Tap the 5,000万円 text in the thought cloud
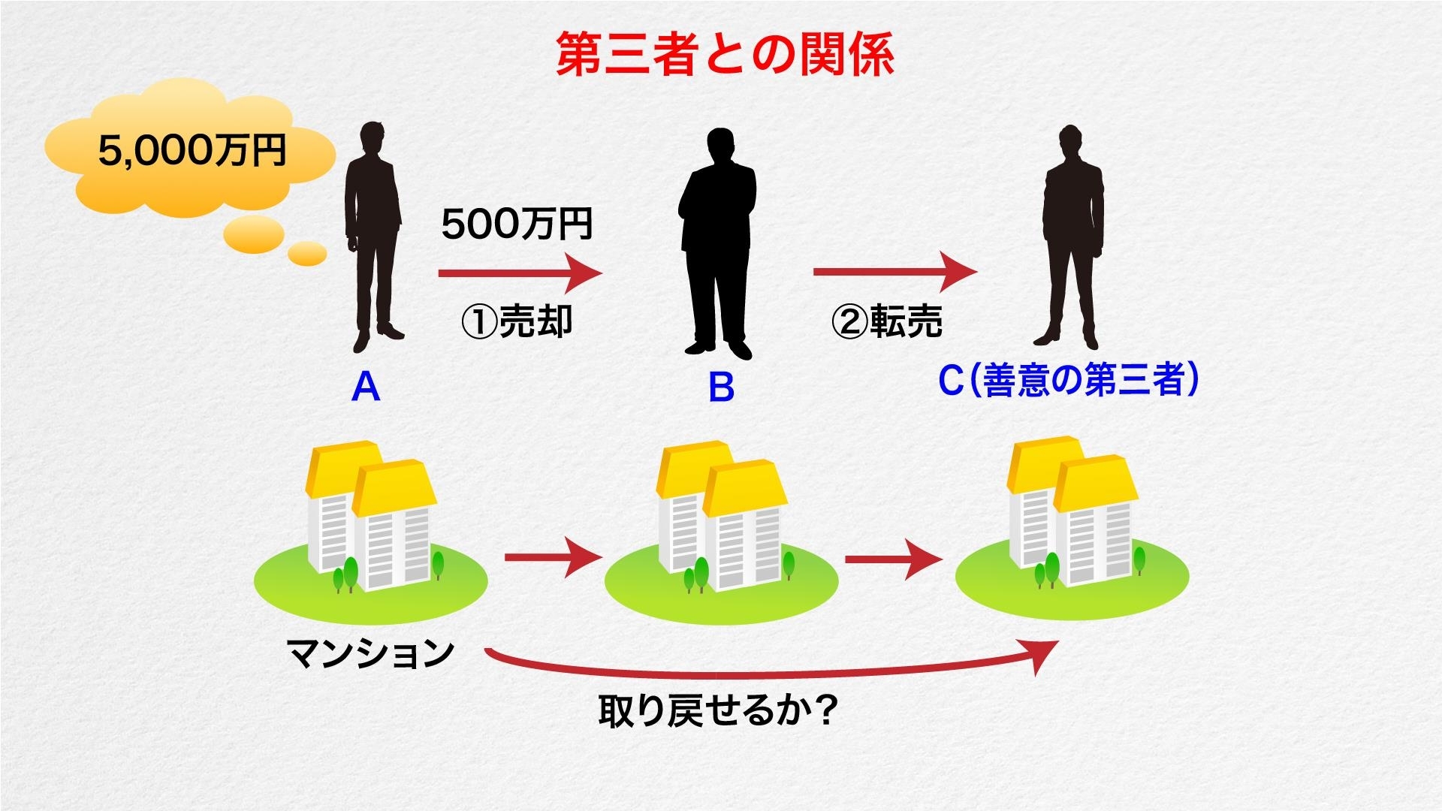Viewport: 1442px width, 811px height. point(192,150)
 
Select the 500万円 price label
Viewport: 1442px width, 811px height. point(517,224)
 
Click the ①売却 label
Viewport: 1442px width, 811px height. point(517,321)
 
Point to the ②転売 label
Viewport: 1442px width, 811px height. point(887,321)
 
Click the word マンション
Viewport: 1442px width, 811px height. point(371,653)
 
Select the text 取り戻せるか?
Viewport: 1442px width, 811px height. point(718,710)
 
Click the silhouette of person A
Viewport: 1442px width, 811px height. point(373,237)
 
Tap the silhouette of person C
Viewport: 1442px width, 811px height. point(1070,237)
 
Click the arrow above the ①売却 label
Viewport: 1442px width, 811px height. point(520,273)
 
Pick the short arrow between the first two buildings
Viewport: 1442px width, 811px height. point(554,558)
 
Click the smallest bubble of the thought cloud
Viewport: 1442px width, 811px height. point(308,254)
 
